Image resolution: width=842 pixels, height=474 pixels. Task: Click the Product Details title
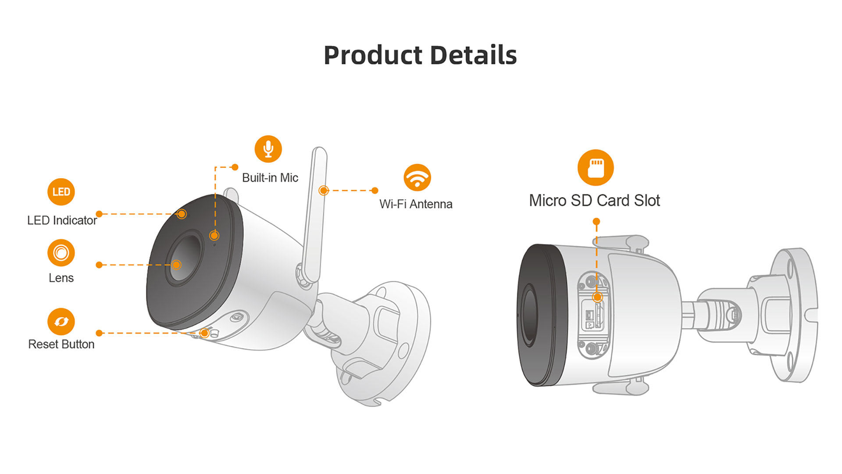point(420,55)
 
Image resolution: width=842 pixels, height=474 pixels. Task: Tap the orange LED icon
point(61,192)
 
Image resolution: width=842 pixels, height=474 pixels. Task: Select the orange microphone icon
point(268,149)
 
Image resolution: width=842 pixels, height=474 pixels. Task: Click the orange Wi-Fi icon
point(417,178)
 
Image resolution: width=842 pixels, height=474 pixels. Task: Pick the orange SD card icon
point(596,168)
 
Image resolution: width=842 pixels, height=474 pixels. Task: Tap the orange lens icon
point(61,253)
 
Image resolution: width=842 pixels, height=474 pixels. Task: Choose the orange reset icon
point(61,321)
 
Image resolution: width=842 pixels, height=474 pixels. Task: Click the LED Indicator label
point(62,220)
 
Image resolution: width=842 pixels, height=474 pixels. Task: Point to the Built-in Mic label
point(270,178)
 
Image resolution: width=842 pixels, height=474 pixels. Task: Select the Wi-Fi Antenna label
point(416,204)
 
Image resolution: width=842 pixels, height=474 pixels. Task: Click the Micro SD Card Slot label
point(594,201)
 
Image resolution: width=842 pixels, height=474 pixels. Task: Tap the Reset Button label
point(61,344)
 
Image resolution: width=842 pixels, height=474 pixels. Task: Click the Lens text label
point(61,278)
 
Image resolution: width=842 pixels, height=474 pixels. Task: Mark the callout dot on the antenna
point(324,190)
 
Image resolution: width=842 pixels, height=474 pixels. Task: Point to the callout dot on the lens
point(176,265)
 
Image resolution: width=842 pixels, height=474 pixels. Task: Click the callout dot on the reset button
point(204,333)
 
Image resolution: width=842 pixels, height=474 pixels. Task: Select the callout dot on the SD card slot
point(597,297)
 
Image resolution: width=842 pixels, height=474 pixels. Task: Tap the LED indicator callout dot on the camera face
point(182,214)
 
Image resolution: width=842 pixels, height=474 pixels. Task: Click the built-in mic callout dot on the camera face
point(214,235)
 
